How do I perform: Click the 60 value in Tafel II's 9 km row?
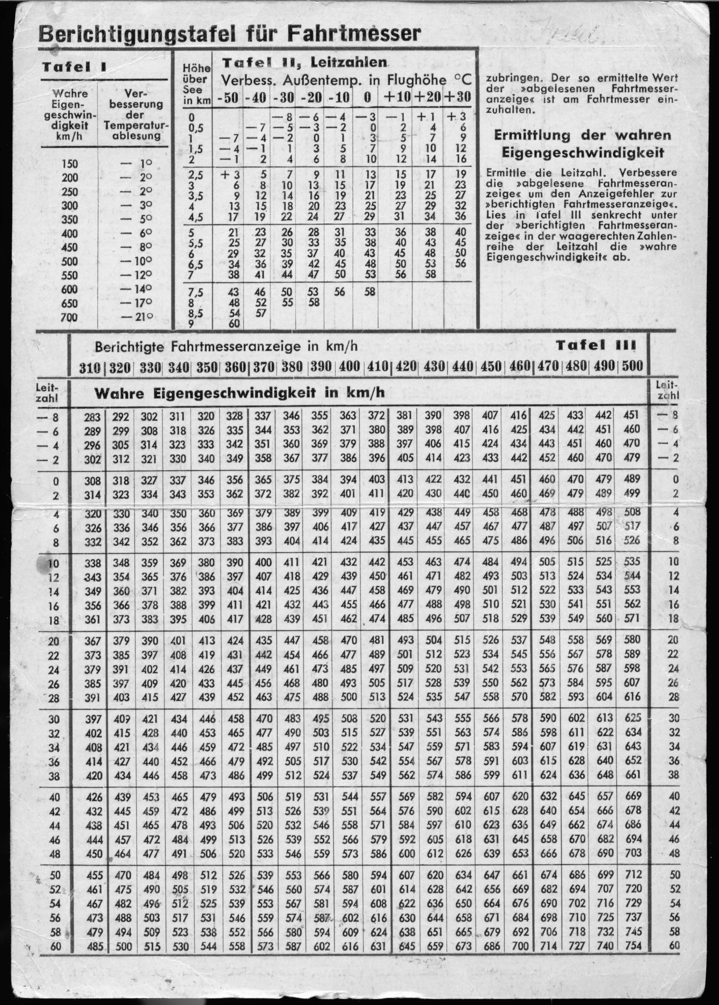coord(234,323)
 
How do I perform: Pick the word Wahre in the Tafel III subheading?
coord(119,393)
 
